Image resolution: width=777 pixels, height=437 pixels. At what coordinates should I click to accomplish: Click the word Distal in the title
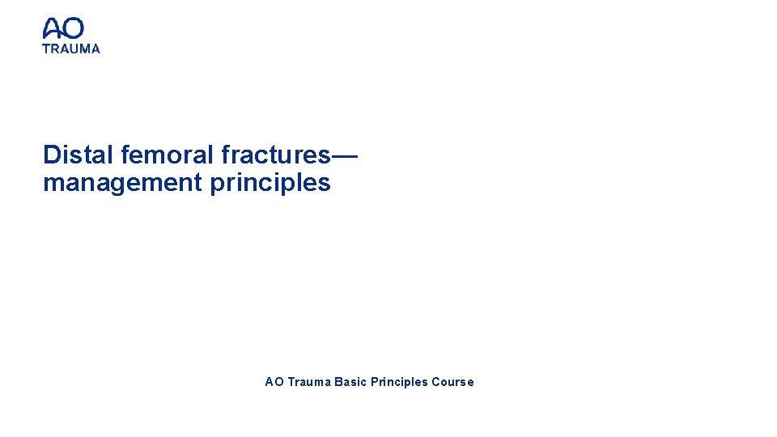(79, 155)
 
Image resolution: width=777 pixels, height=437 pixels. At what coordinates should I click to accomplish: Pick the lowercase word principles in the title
(270, 184)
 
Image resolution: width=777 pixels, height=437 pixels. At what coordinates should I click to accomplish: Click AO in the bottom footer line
(274, 382)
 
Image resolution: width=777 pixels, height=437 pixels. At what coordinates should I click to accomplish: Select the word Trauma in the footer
(308, 382)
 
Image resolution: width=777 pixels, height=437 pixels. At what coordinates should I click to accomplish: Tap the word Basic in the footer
(350, 382)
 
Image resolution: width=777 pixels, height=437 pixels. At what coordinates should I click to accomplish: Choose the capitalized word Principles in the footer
(399, 382)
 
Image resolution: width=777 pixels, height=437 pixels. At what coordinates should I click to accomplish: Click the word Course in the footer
(452, 382)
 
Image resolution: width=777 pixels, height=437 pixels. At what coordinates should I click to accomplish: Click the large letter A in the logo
(53, 29)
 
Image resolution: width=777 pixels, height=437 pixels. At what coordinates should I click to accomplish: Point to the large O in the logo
(74, 29)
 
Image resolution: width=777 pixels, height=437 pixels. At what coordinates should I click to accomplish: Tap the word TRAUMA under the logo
(71, 49)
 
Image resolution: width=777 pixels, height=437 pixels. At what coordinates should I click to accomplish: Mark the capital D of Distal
(52, 155)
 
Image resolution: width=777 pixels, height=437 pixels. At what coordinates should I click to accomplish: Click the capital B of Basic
(338, 382)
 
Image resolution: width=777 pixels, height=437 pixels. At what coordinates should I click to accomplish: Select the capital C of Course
(436, 382)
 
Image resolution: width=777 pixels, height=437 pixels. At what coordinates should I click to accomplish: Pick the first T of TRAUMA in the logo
(46, 49)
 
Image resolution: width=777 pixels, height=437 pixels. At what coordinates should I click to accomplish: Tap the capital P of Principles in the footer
(375, 382)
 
